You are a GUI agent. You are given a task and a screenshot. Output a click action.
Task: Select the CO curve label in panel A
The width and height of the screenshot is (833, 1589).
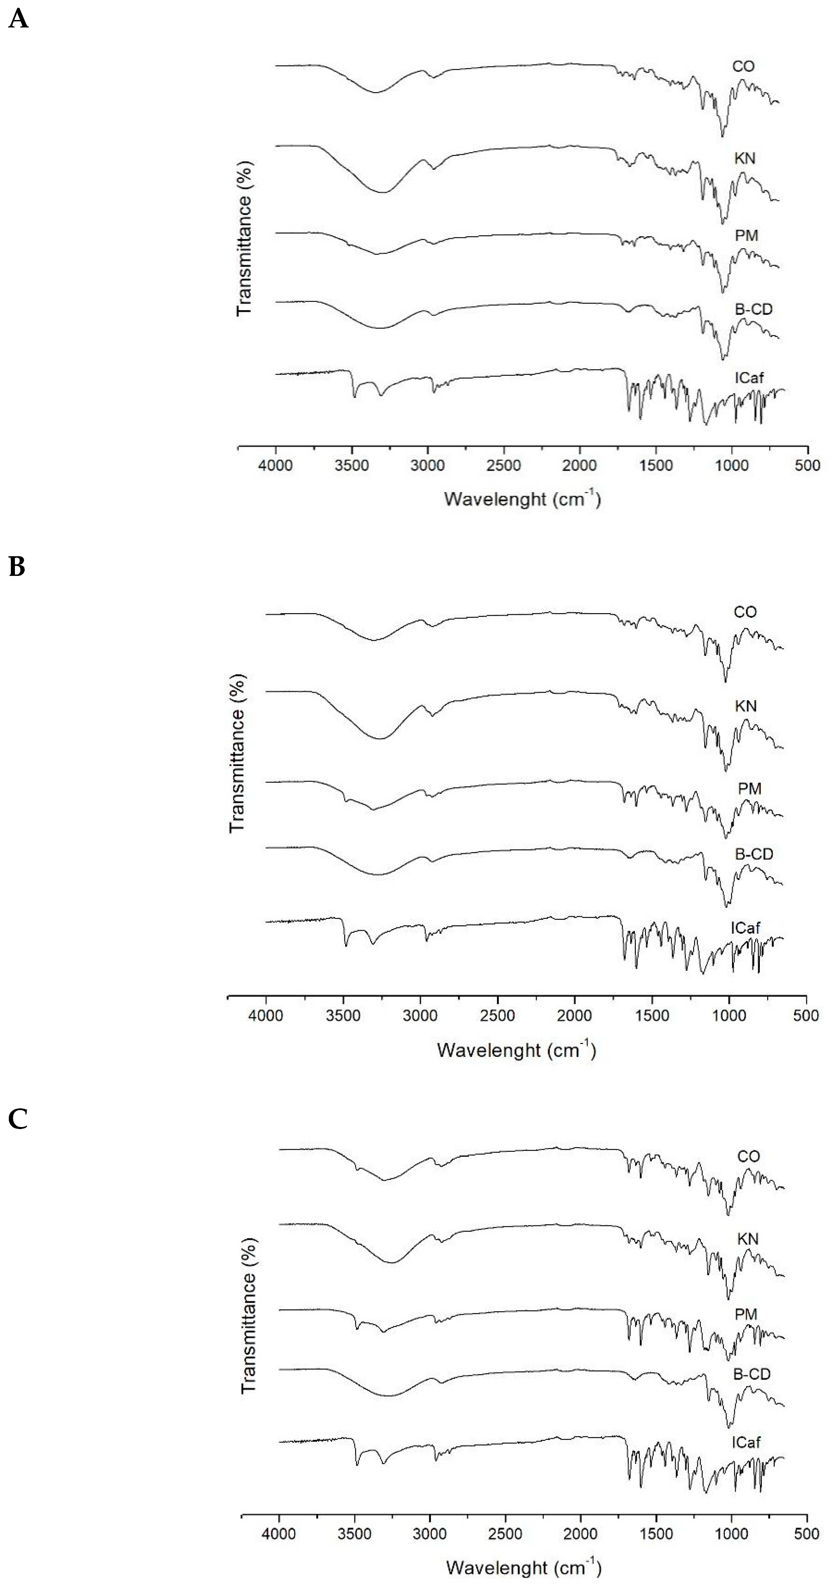pos(743,66)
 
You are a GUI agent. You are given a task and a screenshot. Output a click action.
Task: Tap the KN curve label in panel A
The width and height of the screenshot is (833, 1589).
pos(744,159)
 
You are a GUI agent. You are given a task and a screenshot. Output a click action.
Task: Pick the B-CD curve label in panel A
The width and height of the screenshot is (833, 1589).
pos(753,309)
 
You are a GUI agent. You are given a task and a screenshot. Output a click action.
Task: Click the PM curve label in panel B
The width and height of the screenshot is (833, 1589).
pos(749,788)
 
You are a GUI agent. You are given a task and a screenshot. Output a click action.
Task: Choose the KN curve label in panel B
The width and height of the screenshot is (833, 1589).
pos(746,706)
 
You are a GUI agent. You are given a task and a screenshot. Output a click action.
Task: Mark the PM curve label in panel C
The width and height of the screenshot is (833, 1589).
pos(746,1314)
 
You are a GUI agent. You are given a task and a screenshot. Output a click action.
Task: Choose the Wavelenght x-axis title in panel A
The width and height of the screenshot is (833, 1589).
pos(522,498)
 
